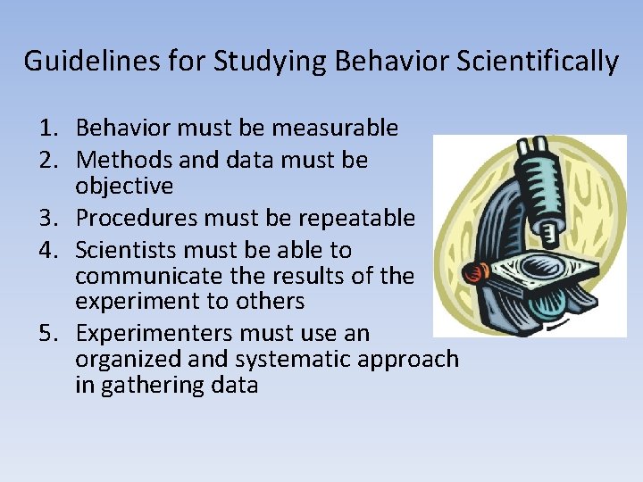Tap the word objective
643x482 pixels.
coord(124,186)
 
